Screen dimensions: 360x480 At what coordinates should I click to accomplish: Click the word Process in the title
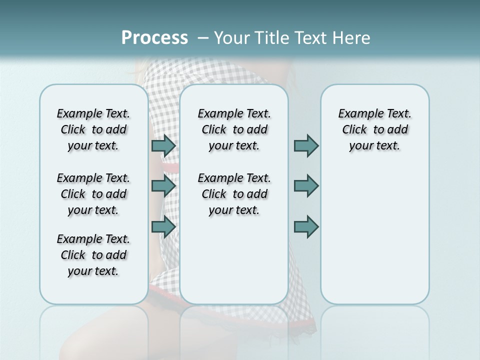click(x=154, y=38)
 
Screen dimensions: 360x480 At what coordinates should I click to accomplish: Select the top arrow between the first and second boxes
click(x=163, y=146)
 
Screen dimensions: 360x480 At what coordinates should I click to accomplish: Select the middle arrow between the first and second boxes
click(x=163, y=186)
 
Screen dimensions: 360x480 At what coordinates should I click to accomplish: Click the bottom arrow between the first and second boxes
click(x=163, y=226)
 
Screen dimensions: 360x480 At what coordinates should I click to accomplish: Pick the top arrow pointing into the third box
click(x=306, y=146)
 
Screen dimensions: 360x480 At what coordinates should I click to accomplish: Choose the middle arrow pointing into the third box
click(x=306, y=186)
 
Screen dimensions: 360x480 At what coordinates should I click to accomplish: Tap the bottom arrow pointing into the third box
click(x=306, y=226)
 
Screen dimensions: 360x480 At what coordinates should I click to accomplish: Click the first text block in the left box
click(x=93, y=129)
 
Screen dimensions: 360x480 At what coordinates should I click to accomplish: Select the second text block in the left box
click(x=93, y=194)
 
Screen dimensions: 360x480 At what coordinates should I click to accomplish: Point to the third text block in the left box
click(x=93, y=255)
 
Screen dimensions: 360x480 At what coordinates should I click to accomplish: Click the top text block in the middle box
click(x=234, y=129)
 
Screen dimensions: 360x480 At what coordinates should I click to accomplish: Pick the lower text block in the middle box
click(x=234, y=194)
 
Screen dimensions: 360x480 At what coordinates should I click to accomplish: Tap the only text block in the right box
click(x=374, y=129)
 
